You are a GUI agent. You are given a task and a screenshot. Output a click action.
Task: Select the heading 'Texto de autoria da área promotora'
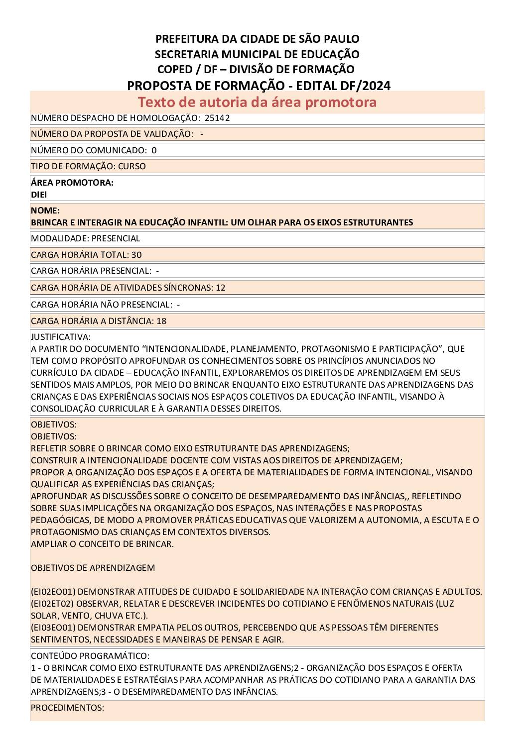tap(257, 102)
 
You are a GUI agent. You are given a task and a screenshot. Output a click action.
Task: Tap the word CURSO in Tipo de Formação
tap(132, 166)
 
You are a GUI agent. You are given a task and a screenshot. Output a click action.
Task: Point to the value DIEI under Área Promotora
tap(39, 195)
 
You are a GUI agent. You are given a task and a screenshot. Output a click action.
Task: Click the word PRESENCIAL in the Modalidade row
tap(116, 238)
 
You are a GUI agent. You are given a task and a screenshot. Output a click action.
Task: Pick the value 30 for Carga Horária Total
tap(136, 255)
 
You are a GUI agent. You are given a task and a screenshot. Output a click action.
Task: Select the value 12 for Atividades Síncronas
tap(220, 288)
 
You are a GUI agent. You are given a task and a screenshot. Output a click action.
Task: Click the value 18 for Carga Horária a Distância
tap(161, 321)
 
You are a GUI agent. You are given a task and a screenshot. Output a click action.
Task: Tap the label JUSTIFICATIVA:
tap(61, 337)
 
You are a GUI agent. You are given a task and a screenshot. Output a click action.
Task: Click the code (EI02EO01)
tap(53, 592)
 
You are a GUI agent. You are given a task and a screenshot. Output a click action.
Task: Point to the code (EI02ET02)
tap(53, 604)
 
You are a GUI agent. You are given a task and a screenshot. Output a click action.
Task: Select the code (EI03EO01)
tap(53, 628)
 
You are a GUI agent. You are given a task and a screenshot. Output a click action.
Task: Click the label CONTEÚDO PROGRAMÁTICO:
tap(90, 656)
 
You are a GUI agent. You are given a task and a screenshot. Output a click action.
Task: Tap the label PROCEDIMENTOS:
tap(67, 708)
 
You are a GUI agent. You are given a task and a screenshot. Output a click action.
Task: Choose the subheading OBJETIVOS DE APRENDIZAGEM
tap(93, 568)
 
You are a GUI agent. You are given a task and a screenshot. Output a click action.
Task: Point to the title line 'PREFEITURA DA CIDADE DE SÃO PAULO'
tap(257, 39)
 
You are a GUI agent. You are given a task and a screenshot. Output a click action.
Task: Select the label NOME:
tap(45, 211)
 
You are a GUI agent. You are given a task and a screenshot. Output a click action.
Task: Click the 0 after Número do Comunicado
tap(154, 150)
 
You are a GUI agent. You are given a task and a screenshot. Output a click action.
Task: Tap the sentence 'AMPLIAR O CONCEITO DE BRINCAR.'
tap(102, 544)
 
